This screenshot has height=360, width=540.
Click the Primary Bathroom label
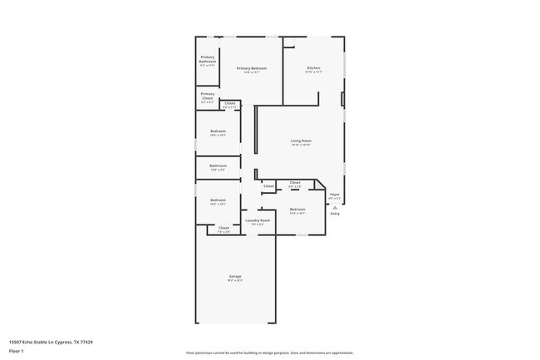[x=208, y=58]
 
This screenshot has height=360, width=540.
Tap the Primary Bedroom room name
[x=252, y=68]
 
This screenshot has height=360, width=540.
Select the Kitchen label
[x=313, y=67]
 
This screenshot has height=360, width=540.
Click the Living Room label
[x=301, y=141]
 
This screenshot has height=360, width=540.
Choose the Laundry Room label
[x=258, y=220]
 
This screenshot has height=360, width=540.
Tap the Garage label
[x=236, y=276]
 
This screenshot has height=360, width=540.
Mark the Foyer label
[x=334, y=195]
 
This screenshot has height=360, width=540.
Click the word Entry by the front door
[x=335, y=214]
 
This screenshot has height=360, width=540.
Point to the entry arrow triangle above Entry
[x=335, y=207]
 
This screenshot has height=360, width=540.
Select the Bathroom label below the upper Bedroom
[x=218, y=165]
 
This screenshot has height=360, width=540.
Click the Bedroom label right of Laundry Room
[x=297, y=209]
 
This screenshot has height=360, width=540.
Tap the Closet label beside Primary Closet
[x=230, y=103]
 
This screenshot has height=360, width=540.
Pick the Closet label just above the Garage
[x=223, y=227]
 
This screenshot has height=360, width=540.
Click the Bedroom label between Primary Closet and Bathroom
[x=218, y=131]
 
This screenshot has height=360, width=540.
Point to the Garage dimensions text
[x=236, y=280]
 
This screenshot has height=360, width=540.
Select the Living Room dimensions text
[x=301, y=145]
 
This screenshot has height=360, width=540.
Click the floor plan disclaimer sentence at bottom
[x=270, y=353]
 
